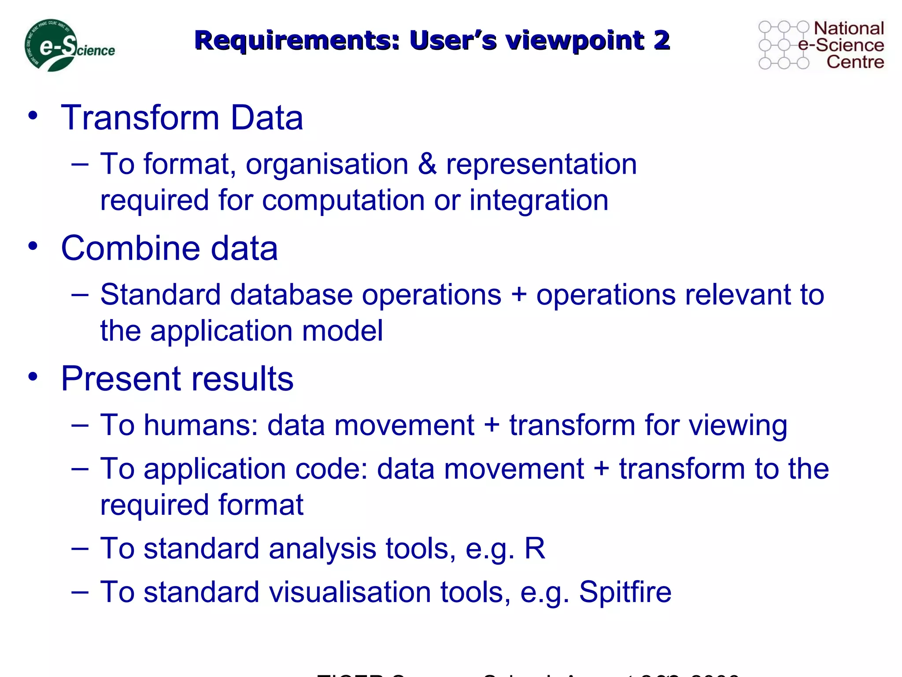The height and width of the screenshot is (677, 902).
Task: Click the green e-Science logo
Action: click(x=69, y=46)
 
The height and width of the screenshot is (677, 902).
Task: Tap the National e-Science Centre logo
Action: click(x=821, y=45)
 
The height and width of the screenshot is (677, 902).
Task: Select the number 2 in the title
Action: click(x=661, y=41)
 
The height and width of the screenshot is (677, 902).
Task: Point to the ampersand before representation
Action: click(x=427, y=164)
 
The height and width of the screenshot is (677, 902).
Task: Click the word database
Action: click(x=291, y=294)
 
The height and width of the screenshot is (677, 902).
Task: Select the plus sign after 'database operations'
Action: click(x=519, y=294)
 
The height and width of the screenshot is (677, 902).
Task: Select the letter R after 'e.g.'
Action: click(x=535, y=549)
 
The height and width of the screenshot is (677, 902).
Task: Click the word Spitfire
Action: click(x=625, y=592)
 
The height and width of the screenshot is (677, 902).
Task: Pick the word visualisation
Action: click(x=350, y=592)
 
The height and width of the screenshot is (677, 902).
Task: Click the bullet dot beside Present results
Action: click(x=33, y=377)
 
